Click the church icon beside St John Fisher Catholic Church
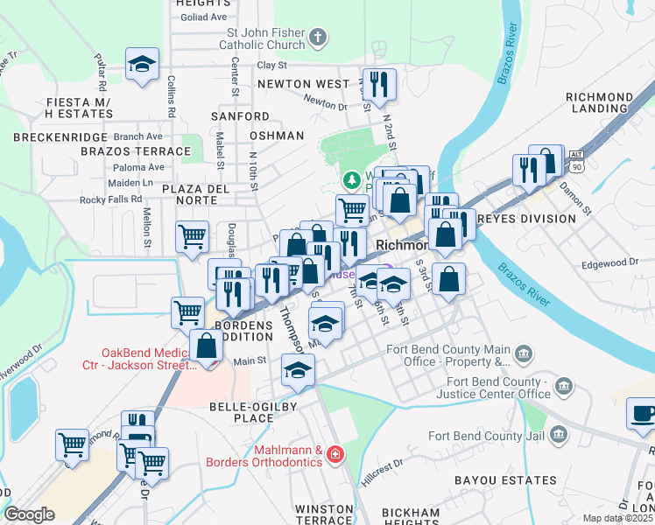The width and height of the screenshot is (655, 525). click(318, 38)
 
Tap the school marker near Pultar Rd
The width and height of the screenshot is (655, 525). click(142, 64)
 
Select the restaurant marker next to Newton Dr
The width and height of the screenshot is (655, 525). click(379, 85)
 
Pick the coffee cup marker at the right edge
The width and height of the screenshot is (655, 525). click(643, 413)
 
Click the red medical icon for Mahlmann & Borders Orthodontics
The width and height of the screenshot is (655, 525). click(336, 455)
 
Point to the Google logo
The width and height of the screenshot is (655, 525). click(29, 514)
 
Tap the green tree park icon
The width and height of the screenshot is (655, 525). click(352, 179)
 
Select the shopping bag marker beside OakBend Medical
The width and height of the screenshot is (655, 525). click(207, 346)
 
